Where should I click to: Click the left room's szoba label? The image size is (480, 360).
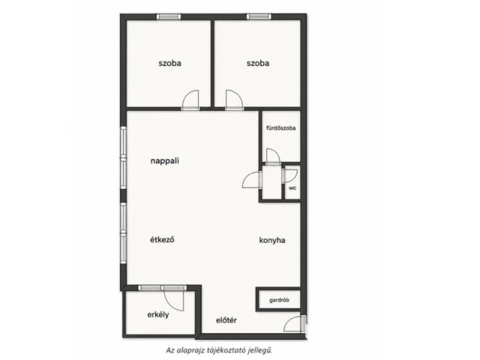169,63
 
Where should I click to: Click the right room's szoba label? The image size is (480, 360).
258,63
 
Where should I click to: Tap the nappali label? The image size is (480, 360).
165,161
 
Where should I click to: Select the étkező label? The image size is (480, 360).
162,239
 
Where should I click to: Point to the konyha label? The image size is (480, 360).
272,240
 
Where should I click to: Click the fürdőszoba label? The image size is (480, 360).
281,128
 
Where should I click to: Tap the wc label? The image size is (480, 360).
292,188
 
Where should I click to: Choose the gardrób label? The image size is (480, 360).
279,300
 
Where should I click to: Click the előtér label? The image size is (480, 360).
226,320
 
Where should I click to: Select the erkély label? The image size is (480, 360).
158,314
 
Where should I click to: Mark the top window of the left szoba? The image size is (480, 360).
169,16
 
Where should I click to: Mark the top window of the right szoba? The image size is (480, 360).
259,16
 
